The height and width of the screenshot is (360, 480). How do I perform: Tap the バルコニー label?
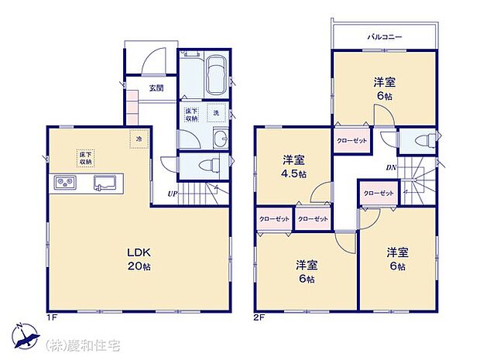coord(382,36)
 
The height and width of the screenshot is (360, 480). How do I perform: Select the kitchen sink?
coord(104,183)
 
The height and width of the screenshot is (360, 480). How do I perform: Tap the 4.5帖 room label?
coord(293,168)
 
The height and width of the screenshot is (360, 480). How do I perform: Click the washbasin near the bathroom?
coord(220,139)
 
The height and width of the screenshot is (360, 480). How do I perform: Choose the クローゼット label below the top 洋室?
coord(352,141)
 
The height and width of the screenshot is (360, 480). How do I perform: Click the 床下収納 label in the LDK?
coord(85,159)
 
